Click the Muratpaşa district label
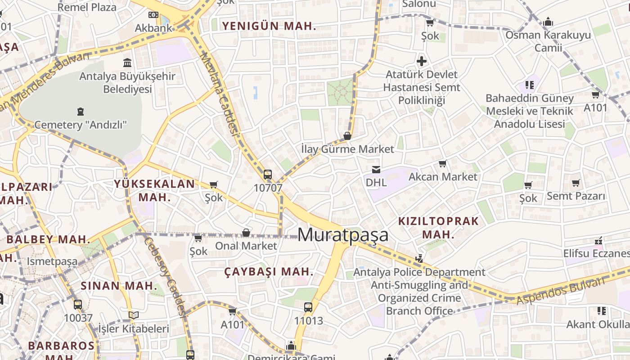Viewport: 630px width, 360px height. (343, 235)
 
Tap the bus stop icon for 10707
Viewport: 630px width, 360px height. (268, 174)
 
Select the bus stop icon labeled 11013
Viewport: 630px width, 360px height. (308, 307)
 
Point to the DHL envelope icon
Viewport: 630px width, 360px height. (376, 169)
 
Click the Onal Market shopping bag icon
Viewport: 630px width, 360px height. (246, 233)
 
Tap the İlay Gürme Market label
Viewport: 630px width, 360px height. (347, 149)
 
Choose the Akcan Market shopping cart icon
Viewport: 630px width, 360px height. (443, 164)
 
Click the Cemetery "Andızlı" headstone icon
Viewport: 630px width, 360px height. (81, 111)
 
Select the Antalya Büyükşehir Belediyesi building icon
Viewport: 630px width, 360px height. (127, 63)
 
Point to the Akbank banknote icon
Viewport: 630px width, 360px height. (153, 15)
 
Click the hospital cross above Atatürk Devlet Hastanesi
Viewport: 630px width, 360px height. (422, 61)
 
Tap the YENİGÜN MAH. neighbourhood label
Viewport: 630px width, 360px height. (269, 26)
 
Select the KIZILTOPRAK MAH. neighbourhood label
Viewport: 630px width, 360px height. (439, 228)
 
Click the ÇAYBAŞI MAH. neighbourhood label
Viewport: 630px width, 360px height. (269, 271)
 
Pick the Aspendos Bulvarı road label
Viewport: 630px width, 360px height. (560, 291)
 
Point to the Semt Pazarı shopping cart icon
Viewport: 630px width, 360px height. (576, 183)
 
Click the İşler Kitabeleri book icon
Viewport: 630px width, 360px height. (134, 315)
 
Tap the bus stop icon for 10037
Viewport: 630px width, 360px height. (78, 304)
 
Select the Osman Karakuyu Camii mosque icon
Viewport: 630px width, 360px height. (548, 22)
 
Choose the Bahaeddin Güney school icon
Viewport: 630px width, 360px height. (530, 85)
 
